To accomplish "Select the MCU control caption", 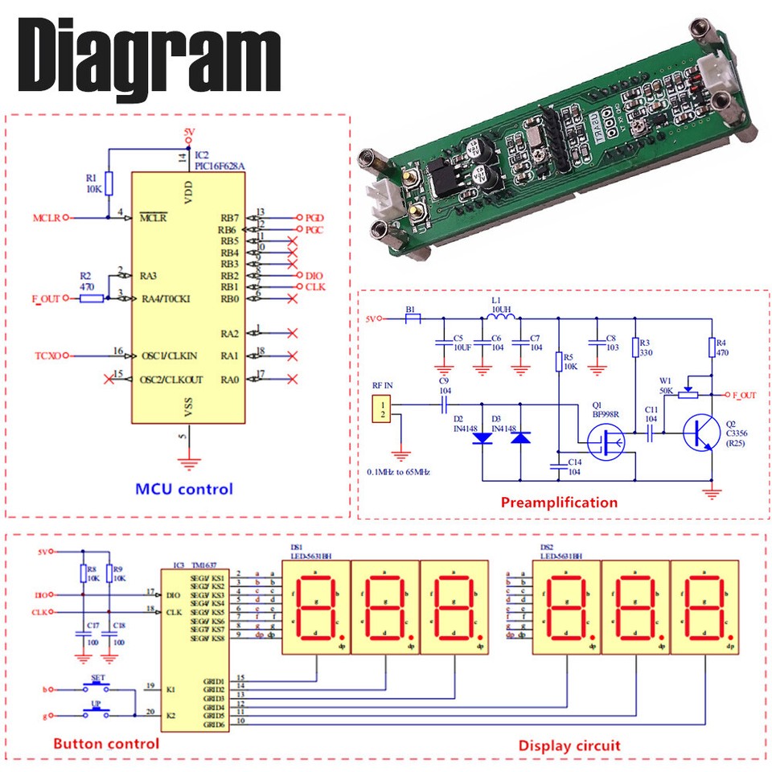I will [183, 489].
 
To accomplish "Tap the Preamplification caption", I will [559, 503].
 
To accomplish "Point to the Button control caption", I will [106, 743].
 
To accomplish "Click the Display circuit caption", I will [569, 745].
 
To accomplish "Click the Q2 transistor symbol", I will [696, 433].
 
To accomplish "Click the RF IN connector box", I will [384, 409].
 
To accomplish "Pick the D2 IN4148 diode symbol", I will [482, 438].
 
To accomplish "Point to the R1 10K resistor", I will [109, 184].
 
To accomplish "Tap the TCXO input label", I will [47, 355].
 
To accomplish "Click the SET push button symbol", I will [101, 688].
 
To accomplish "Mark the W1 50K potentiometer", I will [687, 393].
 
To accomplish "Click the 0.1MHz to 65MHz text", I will [398, 471].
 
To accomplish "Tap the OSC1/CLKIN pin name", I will [168, 355].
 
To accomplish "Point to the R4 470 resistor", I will [711, 347].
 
